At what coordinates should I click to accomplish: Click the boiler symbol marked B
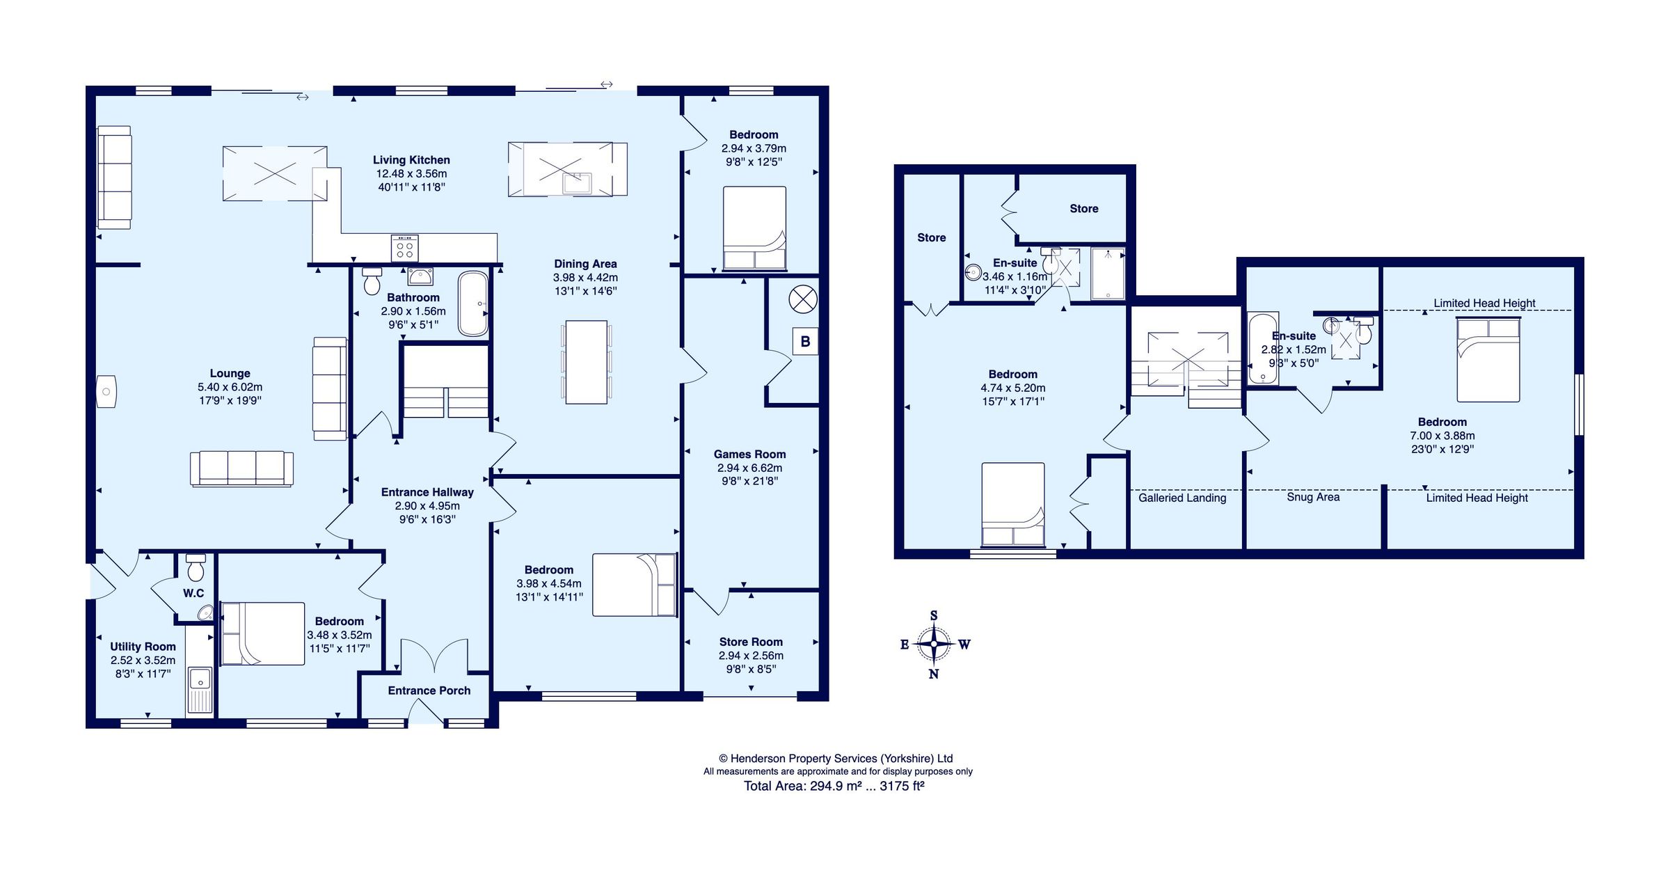click(805, 342)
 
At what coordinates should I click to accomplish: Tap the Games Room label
click(749, 454)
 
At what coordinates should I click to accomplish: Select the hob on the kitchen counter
click(405, 247)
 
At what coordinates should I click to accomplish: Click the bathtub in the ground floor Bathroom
click(473, 303)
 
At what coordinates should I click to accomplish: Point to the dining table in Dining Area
click(586, 362)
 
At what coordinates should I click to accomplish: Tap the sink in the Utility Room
click(200, 689)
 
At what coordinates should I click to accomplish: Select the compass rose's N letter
click(934, 674)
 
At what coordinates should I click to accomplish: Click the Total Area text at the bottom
click(834, 786)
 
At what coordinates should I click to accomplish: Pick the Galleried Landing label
click(1182, 498)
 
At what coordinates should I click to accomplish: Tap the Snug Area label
click(1312, 497)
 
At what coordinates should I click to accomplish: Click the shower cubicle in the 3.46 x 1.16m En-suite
click(1107, 274)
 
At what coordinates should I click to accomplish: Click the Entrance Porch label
click(429, 690)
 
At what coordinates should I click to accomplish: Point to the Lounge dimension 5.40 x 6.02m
click(230, 387)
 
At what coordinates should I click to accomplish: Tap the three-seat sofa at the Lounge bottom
click(241, 468)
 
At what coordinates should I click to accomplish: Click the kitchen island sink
click(577, 183)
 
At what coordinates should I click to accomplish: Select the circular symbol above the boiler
click(802, 300)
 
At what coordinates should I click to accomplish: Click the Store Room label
click(751, 642)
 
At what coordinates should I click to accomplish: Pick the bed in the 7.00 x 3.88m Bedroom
click(1488, 359)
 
